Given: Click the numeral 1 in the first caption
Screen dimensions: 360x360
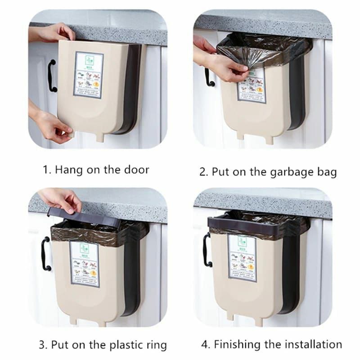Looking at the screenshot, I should [45, 170].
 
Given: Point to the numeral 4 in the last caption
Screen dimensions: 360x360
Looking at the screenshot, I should [205, 345].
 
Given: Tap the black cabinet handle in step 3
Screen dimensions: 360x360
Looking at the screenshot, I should [45, 254].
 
